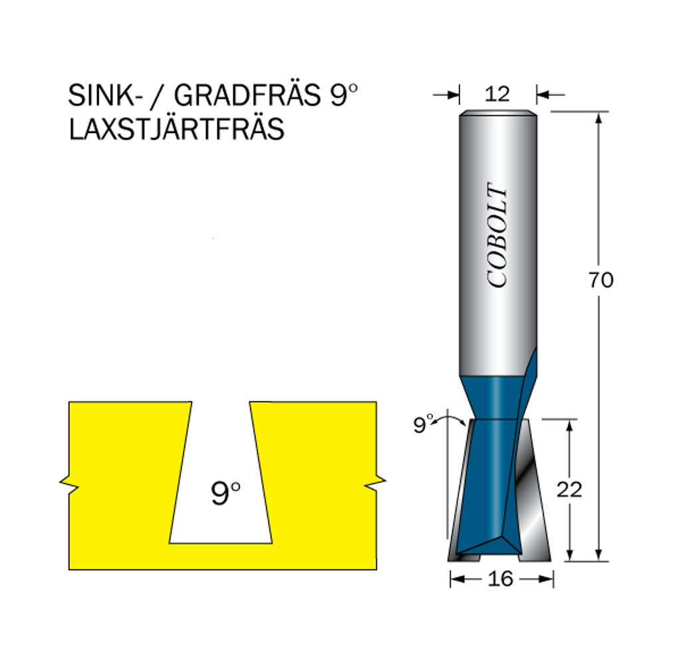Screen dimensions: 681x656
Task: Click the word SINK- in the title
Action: [x=105, y=95]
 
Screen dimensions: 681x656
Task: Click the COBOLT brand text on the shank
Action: [x=497, y=235]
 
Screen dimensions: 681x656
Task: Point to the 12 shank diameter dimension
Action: [x=497, y=94]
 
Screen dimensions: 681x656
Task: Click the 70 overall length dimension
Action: [x=601, y=280]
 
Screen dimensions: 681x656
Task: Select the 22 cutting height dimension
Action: [x=569, y=490]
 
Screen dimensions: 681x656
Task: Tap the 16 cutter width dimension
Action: [x=500, y=579]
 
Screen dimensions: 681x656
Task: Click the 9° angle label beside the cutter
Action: [x=423, y=424]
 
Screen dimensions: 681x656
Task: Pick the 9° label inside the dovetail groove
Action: [x=225, y=493]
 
